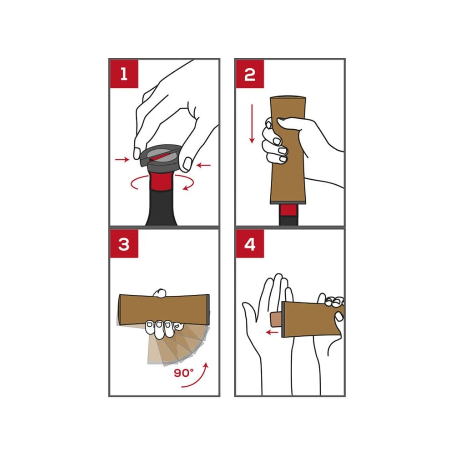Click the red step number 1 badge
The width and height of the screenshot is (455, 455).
pyautogui.click(x=124, y=74)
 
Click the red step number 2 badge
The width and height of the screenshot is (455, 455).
pyautogui.click(x=250, y=74)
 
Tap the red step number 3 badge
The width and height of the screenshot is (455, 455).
pyautogui.click(x=124, y=244)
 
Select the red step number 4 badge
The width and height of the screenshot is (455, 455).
pyautogui.click(x=250, y=244)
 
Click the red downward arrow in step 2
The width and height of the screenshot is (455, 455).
pyautogui.click(x=252, y=124)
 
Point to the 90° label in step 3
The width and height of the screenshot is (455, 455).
pyautogui.click(x=183, y=373)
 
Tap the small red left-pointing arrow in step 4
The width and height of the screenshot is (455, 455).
pyautogui.click(x=273, y=332)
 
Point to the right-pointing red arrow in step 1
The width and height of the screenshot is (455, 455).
pyautogui.click(x=122, y=159)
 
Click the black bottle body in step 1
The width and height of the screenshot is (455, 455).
pyautogui.click(x=161, y=208)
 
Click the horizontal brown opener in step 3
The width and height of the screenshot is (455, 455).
pyautogui.click(x=164, y=309)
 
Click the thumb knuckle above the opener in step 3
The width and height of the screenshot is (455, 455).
pyautogui.click(x=160, y=293)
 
